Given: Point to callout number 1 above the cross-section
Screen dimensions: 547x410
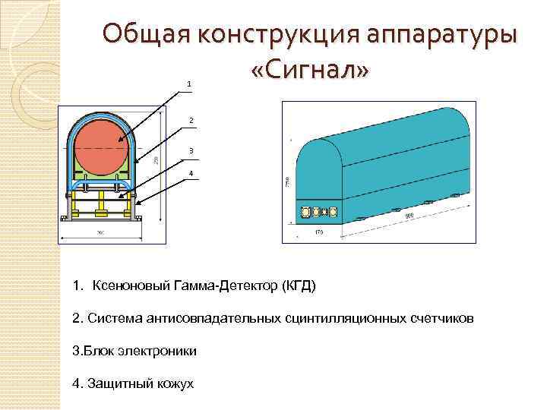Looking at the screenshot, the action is pyautogui.click(x=189, y=83).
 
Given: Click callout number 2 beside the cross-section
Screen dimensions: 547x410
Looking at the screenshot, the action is pyautogui.click(x=191, y=120).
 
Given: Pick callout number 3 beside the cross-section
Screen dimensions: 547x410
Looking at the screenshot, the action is pyautogui.click(x=191, y=150).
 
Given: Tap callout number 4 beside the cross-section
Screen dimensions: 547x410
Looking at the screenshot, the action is pyautogui.click(x=191, y=174).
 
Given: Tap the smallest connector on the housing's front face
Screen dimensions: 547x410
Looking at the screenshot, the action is pyautogui.click(x=322, y=211).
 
